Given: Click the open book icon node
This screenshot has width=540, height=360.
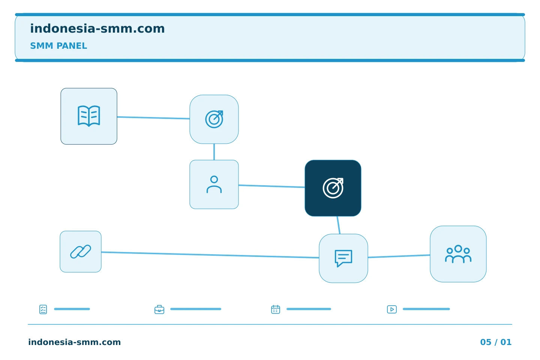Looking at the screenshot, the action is pos(89,116).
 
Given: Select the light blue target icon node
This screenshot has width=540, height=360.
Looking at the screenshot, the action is pos(214,119).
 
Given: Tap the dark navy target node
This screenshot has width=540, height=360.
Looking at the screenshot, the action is pos(333,188).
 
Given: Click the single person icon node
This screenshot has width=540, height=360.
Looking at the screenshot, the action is pos(214,184).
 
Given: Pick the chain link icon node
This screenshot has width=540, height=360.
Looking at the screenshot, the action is pos(81,252).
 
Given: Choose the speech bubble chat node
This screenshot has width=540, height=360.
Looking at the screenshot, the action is pos(343,258).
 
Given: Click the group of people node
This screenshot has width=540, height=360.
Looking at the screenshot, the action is pos(458,254).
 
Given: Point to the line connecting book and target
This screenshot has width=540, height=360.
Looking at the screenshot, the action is pos(153,118).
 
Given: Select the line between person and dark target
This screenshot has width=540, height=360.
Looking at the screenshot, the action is pos(271,186).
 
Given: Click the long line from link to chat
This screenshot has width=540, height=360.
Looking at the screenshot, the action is pos(210,255).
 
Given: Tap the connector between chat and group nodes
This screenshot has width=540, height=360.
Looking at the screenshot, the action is pos(399,256).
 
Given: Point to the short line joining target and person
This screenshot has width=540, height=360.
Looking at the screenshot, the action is pos(214,152).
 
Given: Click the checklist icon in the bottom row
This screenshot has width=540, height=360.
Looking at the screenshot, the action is pos(43,309).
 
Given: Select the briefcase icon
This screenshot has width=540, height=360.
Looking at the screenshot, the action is pos(159,310).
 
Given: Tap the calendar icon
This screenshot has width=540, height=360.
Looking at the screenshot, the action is pos(276,309).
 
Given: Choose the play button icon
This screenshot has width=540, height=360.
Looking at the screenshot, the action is pos(392,309).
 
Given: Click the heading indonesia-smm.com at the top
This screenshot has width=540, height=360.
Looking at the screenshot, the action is pos(97,28).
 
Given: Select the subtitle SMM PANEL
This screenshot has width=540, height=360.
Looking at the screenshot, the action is pos(58,46).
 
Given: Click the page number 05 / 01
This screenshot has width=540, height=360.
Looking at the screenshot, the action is pos(496,342).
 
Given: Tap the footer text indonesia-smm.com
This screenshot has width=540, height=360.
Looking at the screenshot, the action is pos(75,342).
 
